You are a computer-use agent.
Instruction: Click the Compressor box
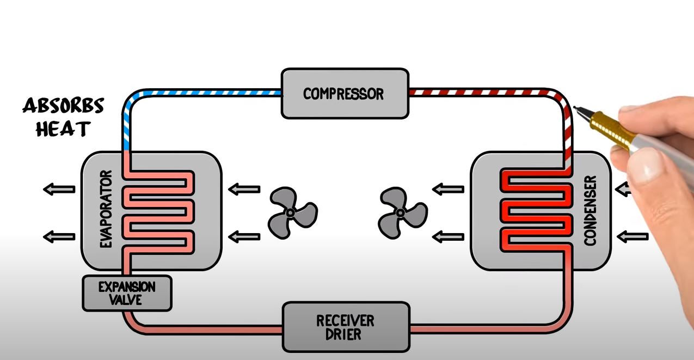(x=344, y=93)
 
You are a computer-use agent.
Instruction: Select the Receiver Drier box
(x=345, y=327)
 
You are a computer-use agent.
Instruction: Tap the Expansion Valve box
(x=127, y=293)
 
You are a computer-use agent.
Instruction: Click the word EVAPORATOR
(x=106, y=210)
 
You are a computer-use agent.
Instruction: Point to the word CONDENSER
(x=592, y=210)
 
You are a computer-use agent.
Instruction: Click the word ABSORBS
(x=63, y=106)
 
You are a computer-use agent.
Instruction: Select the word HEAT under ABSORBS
(x=63, y=130)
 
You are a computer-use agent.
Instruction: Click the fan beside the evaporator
(x=292, y=212)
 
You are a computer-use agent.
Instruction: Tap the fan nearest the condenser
(x=402, y=212)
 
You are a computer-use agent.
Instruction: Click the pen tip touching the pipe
(x=576, y=108)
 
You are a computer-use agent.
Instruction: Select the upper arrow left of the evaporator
(x=59, y=190)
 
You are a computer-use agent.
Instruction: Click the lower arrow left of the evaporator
(x=59, y=236)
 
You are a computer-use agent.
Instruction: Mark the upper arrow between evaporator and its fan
(x=244, y=190)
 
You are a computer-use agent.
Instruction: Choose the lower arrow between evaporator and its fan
(x=244, y=236)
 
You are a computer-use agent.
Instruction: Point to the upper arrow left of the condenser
(x=448, y=190)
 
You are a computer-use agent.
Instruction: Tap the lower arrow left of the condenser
(x=448, y=236)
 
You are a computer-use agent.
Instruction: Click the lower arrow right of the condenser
(x=633, y=236)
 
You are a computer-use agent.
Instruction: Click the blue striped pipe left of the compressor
(x=207, y=93)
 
